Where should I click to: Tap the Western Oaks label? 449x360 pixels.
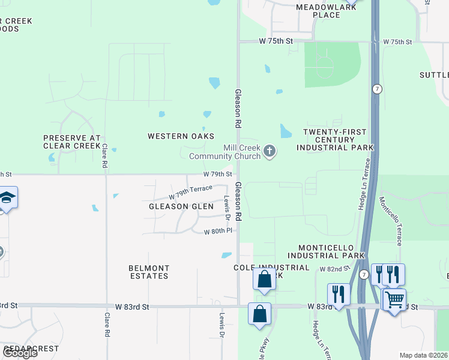coord(181,136)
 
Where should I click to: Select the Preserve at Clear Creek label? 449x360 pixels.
coord(71,142)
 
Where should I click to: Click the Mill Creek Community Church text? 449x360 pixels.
coord(225,152)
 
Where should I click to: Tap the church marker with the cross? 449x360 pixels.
coord(270,151)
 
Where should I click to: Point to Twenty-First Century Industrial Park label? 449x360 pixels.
coord(338,139)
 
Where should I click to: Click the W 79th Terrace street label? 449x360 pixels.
coord(190,192)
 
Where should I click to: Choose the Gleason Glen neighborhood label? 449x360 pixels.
coord(181,206)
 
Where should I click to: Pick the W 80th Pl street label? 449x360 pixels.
coord(218,231)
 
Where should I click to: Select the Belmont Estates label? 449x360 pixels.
coord(149,272)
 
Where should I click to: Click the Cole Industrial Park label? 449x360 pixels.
coord(271,268)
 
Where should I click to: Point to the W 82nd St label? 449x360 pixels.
coord(334,269)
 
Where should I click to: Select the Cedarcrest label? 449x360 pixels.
coord(30,349)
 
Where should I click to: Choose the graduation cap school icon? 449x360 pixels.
coord(7,197)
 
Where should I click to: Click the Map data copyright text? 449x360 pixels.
coord(424,355)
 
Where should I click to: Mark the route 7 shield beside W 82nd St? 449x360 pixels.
coord(363,274)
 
